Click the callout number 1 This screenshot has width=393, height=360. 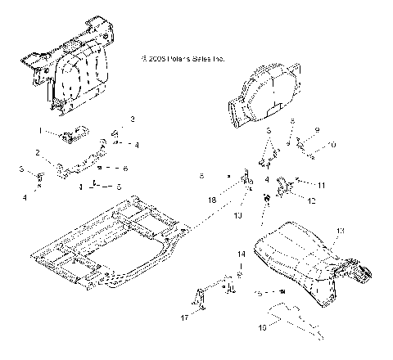click(38, 130)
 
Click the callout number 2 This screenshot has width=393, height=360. click(38, 153)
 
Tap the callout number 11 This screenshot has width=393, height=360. click(322, 185)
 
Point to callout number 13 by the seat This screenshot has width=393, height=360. click(341, 231)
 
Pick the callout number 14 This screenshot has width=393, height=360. click(242, 255)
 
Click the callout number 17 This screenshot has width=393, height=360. click(185, 317)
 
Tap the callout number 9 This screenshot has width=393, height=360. click(317, 129)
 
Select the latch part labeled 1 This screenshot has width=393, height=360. click(70, 133)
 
